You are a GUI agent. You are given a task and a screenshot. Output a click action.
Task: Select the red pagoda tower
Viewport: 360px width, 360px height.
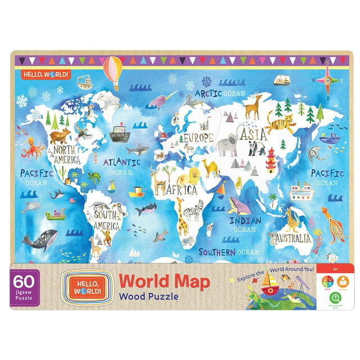point(271,161)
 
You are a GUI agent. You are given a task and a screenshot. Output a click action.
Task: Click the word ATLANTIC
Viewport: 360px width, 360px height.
point(121,162)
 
